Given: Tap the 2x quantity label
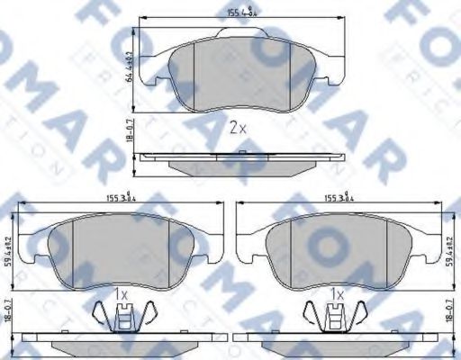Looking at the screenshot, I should click(x=237, y=127).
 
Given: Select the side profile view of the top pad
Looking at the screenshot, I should click(x=237, y=162).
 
